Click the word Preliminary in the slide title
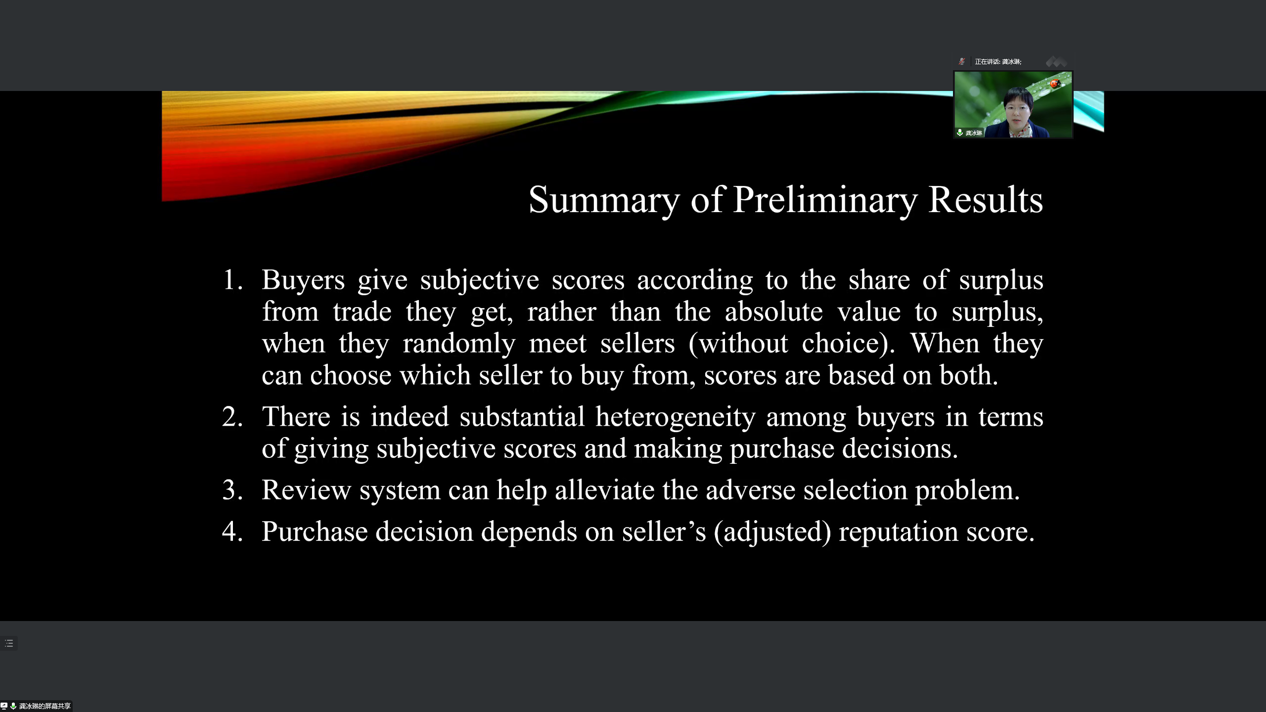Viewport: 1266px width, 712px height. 825,200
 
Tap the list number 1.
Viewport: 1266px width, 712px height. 232,280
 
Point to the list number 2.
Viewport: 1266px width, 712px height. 232,417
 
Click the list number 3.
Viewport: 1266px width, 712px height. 232,490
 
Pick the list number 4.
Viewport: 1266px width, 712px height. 232,532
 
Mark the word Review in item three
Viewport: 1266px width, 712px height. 306,490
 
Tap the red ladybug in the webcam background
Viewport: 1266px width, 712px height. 1055,84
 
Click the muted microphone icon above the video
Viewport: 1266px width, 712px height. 962,62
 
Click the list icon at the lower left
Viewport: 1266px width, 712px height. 9,643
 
